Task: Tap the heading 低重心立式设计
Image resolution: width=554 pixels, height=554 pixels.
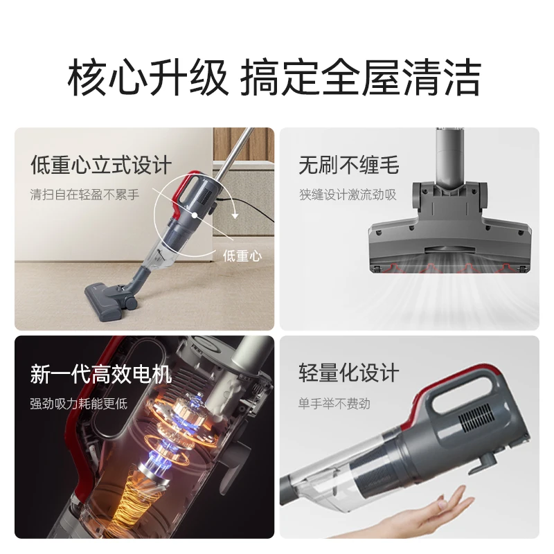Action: (x=100, y=166)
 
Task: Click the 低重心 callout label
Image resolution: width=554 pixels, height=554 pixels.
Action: (x=242, y=255)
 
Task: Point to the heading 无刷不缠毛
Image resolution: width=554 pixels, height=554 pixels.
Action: (x=348, y=166)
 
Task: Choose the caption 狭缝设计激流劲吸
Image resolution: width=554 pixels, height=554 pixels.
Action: (x=348, y=195)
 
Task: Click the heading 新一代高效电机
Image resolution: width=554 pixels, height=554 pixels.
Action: (x=100, y=375)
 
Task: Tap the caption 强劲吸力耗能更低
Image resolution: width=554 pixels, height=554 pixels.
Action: (x=78, y=404)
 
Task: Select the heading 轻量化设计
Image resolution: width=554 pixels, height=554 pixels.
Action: (x=348, y=373)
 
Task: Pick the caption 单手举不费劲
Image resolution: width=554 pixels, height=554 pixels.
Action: (x=334, y=402)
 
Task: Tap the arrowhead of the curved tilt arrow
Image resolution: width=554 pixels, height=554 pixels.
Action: (x=235, y=215)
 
